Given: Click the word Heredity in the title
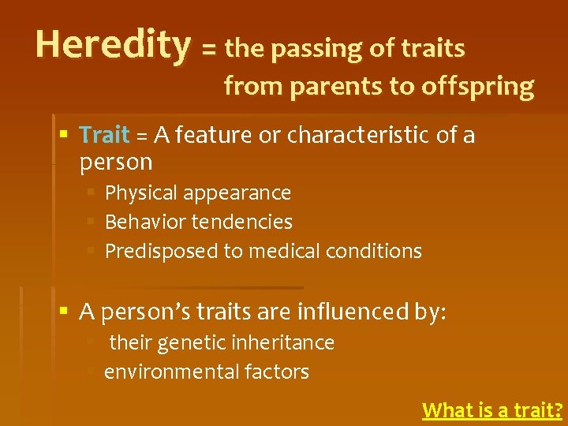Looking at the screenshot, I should point(113,45).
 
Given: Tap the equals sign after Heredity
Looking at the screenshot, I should point(209,50).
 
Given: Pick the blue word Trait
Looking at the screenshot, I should point(104,136).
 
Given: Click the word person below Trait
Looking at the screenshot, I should point(116,163).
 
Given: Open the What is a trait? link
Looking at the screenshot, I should point(492,410).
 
